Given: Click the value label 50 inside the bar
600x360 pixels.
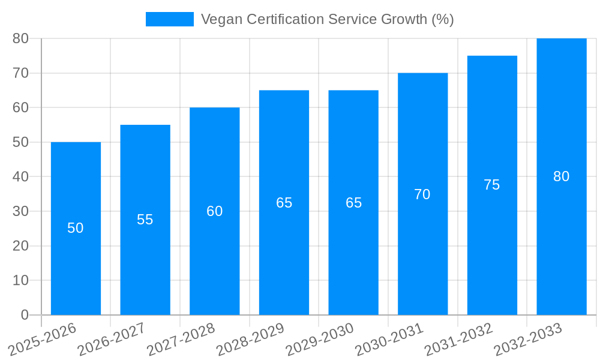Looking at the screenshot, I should click(76, 228).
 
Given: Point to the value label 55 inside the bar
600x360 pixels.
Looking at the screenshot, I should click(145, 220).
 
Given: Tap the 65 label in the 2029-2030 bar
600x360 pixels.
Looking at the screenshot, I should click(353, 203).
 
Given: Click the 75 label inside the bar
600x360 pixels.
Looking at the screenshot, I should click(491, 185).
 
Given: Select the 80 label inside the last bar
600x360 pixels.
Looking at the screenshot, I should click(561, 176).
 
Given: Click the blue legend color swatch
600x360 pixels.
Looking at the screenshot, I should click(170, 19).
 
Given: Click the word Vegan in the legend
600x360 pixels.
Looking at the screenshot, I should click(218, 19).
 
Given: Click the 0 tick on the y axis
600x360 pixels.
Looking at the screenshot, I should click(25, 315).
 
